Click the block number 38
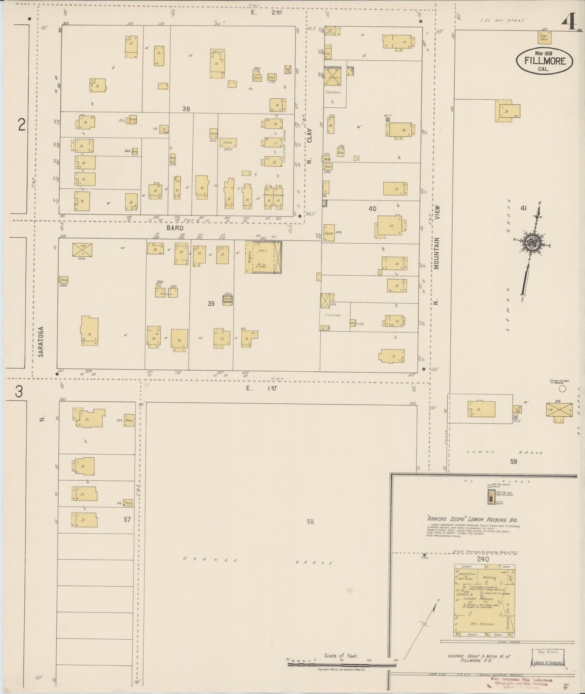(x=186, y=109)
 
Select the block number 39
(x=211, y=303)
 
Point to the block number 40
(x=372, y=209)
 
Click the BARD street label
(x=174, y=228)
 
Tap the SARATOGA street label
(x=40, y=342)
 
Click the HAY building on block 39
(x=264, y=258)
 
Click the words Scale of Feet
(x=341, y=656)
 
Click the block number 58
(x=310, y=522)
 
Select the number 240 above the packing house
(x=483, y=559)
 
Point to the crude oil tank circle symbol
(x=562, y=389)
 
